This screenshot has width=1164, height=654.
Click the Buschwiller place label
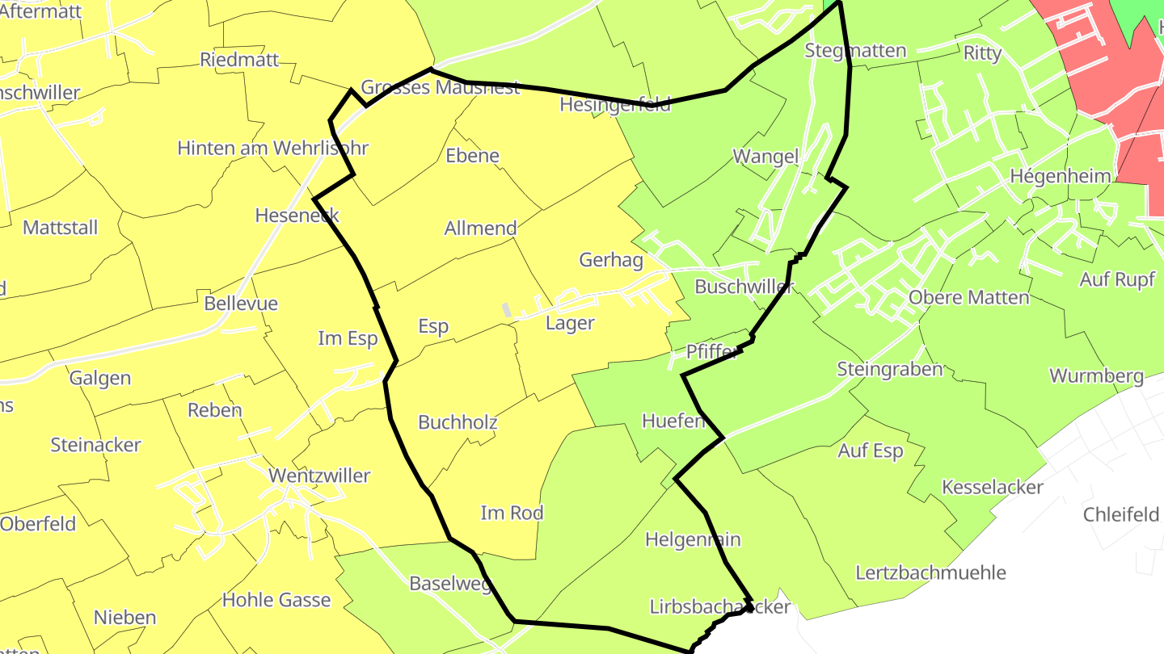pyautogui.click(x=744, y=287)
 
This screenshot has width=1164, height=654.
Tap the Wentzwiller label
pyautogui.click(x=319, y=476)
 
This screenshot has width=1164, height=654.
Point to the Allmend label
pyautogui.click(x=480, y=228)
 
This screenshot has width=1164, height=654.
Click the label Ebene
pyautogui.click(x=472, y=156)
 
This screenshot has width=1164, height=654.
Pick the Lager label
pyautogui.click(x=570, y=324)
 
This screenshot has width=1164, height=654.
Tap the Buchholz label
pyautogui.click(x=458, y=422)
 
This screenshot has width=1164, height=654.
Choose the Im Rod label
pyautogui.click(x=512, y=513)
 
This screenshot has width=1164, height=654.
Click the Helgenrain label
pyautogui.click(x=693, y=539)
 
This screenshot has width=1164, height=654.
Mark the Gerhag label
pyautogui.click(x=611, y=260)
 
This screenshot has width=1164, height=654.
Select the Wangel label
pyautogui.click(x=765, y=157)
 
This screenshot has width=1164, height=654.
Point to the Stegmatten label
pyautogui.click(x=855, y=51)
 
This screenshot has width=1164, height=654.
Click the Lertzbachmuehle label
pyautogui.click(x=930, y=573)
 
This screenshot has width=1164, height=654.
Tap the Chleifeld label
pyautogui.click(x=1121, y=515)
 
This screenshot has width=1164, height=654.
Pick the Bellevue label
pyautogui.click(x=241, y=304)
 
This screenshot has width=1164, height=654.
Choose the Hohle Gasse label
pyautogui.click(x=276, y=600)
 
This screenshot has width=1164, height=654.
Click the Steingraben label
pyautogui.click(x=890, y=370)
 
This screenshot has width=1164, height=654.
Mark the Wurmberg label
pyautogui.click(x=1096, y=375)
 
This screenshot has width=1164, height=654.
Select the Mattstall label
pyautogui.click(x=60, y=228)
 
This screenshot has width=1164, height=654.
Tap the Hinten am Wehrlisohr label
pyautogui.click(x=273, y=149)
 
